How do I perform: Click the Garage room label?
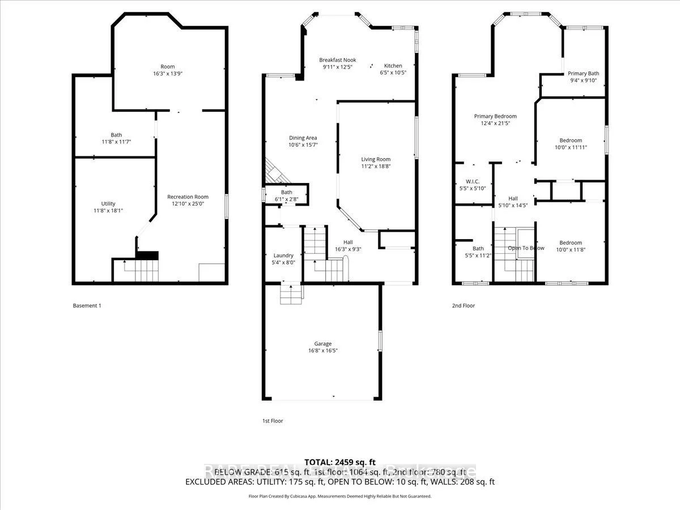(323, 343)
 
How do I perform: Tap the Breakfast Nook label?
(337, 60)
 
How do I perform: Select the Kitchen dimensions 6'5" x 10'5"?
(393, 73)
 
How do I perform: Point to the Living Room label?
(376, 159)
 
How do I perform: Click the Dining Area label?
(303, 138)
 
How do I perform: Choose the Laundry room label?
(283, 256)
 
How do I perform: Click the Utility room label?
(108, 203)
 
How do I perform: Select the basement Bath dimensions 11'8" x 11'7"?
(116, 142)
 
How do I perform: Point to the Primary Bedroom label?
(495, 116)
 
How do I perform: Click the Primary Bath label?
(583, 73)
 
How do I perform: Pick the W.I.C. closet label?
(472, 181)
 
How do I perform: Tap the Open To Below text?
(526, 248)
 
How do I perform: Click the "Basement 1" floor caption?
(87, 306)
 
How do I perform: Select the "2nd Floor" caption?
(463, 306)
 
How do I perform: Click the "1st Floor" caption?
(272, 421)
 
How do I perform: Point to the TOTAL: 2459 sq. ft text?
(340, 462)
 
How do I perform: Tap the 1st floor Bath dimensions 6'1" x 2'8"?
(287, 199)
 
